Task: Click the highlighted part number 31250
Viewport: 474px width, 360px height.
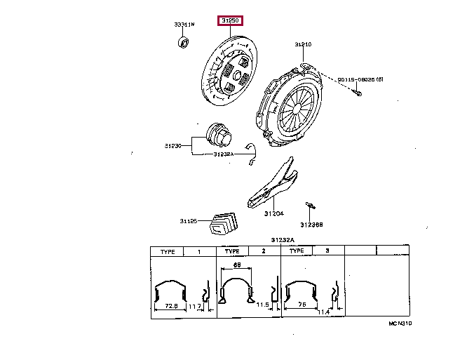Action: pyautogui.click(x=231, y=21)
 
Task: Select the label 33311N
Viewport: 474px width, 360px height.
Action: pyautogui.click(x=184, y=25)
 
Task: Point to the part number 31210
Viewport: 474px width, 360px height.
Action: pyautogui.click(x=302, y=44)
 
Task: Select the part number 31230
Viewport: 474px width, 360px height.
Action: pyautogui.click(x=173, y=146)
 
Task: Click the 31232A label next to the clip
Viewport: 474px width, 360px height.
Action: pyautogui.click(x=223, y=154)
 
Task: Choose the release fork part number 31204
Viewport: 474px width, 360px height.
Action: pyautogui.click(x=273, y=213)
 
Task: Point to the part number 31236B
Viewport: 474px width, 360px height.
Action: pyautogui.click(x=311, y=225)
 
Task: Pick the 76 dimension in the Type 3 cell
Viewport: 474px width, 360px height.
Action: pyautogui.click(x=302, y=305)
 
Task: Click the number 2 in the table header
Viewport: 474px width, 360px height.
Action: pyautogui.click(x=263, y=251)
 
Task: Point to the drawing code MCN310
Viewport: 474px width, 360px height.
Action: pyautogui.click(x=400, y=325)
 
